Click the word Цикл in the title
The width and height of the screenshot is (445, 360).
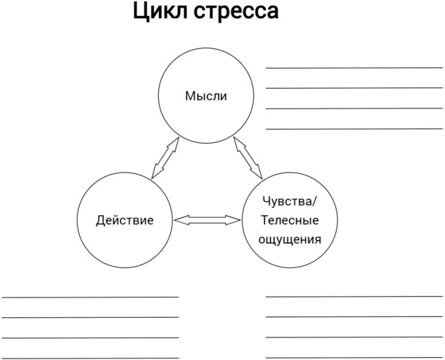click(x=160, y=11)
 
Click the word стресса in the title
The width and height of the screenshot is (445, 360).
click(x=236, y=11)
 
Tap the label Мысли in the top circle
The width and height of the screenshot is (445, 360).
click(x=206, y=96)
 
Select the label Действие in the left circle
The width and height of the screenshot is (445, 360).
click(x=125, y=221)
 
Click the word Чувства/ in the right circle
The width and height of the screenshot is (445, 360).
click(x=289, y=201)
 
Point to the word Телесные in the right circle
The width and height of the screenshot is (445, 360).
click(x=290, y=220)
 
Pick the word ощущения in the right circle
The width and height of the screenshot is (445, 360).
click(x=290, y=239)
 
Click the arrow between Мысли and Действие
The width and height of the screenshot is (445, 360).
click(x=165, y=158)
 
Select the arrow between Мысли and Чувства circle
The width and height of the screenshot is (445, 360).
click(x=248, y=158)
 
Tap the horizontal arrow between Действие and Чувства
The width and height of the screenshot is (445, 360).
click(x=207, y=220)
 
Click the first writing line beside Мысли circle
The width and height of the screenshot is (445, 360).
click(x=354, y=68)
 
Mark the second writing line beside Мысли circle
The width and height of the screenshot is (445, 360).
click(x=354, y=88)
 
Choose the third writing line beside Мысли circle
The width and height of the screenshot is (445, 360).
click(x=354, y=108)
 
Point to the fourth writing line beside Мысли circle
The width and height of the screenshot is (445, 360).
click(x=354, y=129)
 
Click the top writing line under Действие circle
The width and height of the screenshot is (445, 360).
click(x=90, y=297)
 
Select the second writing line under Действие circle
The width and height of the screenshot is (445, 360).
click(x=90, y=317)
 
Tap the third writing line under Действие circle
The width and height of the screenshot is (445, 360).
click(x=90, y=338)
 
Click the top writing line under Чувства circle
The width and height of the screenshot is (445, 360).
click(x=354, y=297)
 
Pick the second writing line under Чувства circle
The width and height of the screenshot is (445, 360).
click(x=354, y=316)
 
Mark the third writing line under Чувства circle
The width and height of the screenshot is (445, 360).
click(x=354, y=337)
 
